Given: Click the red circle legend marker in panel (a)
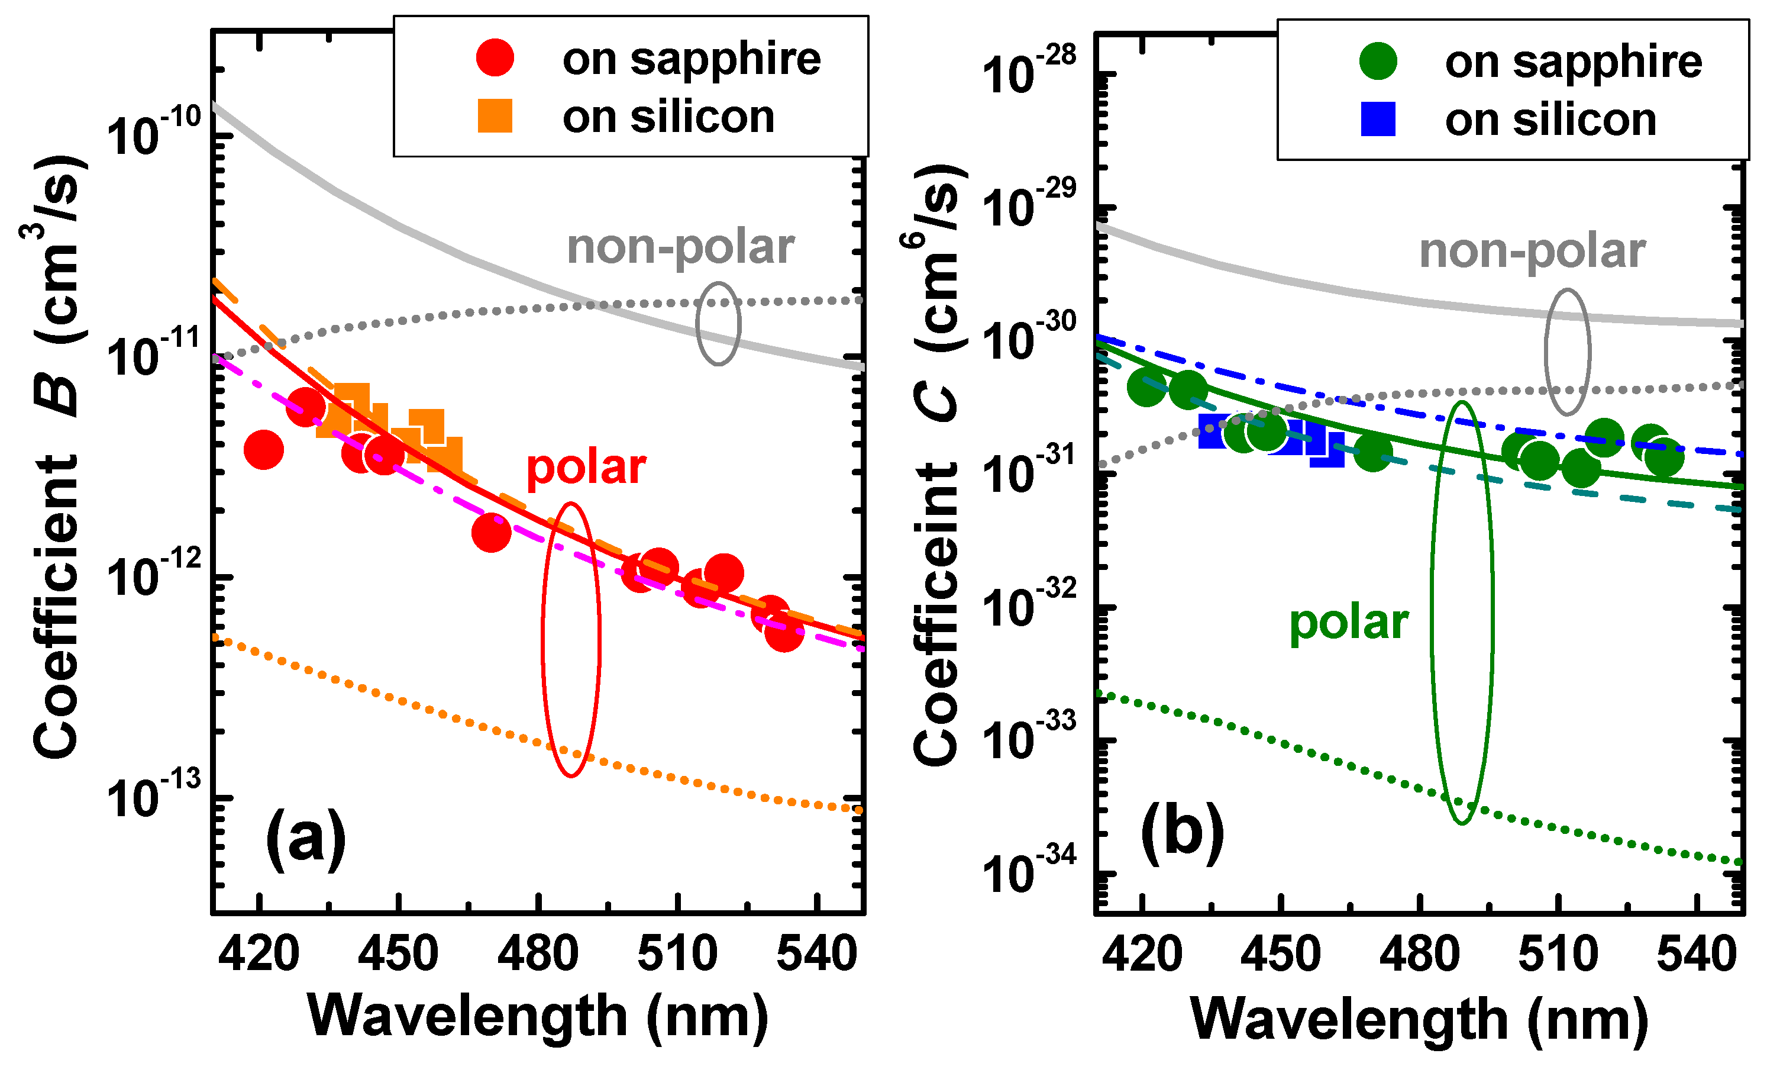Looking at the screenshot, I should point(495,57).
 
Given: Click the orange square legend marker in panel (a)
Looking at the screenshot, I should point(495,115).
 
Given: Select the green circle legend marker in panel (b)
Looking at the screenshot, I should point(1378,60).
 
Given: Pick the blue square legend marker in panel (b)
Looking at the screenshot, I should point(1378,119).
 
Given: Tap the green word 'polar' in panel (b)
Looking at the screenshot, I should point(1348,623).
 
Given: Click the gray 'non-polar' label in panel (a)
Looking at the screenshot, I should point(680,248).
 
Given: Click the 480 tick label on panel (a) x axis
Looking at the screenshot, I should point(538,955).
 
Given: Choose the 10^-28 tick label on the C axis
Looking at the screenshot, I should point(1027,71).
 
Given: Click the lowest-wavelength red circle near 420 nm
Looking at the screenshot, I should point(264,450).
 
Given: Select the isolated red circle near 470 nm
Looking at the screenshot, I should point(491,532).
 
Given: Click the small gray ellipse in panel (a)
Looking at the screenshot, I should point(718,324).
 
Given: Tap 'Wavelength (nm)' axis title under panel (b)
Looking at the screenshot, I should point(1419,1019).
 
